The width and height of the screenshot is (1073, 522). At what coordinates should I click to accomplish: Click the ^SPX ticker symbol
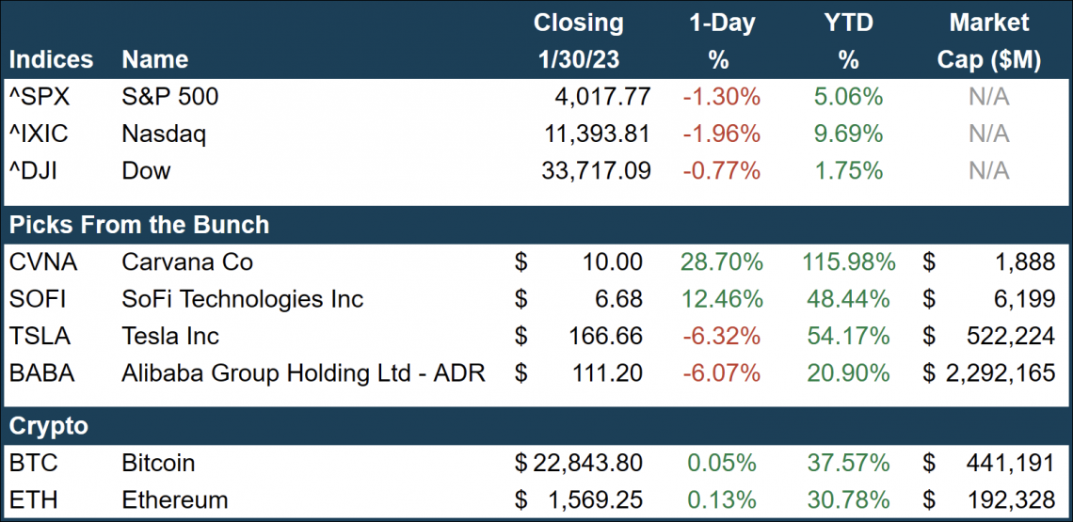(40, 97)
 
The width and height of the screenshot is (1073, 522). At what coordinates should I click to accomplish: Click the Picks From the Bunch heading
(139, 226)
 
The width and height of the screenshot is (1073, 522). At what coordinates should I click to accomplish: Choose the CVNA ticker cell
(41, 262)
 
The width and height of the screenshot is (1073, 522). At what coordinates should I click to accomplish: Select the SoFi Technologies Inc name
(242, 299)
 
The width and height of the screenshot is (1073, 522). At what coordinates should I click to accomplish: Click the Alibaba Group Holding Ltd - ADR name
(303, 373)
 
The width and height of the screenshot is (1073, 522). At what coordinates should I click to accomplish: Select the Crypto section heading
(48, 426)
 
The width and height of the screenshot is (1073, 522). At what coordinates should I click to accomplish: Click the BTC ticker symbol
(33, 463)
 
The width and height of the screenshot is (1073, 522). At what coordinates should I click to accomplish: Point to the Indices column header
(51, 60)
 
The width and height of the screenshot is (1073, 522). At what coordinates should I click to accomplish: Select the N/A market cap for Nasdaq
(988, 134)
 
